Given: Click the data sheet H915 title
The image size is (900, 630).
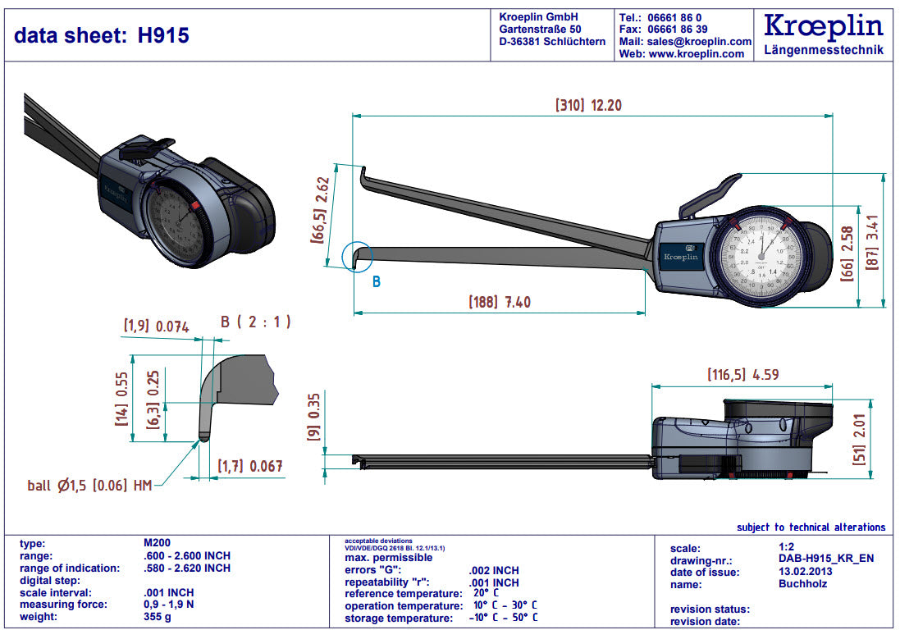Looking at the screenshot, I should point(102,35).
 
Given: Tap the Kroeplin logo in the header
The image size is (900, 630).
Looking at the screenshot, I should point(823,26).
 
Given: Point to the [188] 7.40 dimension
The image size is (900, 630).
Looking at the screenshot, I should point(499,302).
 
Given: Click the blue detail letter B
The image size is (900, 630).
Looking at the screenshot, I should point(377,282).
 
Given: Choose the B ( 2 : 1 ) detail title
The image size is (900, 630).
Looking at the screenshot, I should point(255,322).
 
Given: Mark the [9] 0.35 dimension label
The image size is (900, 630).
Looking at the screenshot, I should point(313,418).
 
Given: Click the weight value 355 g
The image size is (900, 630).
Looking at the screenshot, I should point(158,617).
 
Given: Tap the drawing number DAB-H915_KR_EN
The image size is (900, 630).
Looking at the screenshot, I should point(825,559).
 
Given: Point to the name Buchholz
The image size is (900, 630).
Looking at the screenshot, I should point(802,584).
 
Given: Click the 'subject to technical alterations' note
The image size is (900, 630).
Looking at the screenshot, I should point(811,527).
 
